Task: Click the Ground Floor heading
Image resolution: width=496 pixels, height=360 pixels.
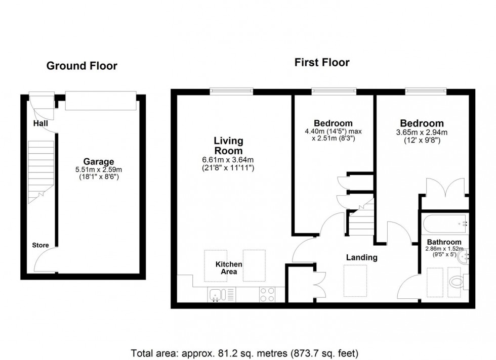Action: coord(81,66)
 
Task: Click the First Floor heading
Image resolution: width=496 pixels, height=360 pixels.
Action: coord(322,63)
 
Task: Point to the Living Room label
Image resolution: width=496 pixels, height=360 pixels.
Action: coord(228,146)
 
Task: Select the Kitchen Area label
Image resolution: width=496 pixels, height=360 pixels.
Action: coord(229,268)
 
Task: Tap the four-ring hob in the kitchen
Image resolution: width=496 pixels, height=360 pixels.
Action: coord(268,294)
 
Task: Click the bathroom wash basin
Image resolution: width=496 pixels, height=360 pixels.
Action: coord(465,256)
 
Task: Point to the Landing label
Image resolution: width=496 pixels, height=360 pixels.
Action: coord(361,257)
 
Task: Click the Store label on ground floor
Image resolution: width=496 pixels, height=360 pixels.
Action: coord(40,245)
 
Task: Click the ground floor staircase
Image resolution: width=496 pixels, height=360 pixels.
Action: coord(40,169)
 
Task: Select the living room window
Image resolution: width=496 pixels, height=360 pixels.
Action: coord(232,91)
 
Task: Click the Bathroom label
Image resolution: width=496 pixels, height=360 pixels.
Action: coord(443,242)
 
